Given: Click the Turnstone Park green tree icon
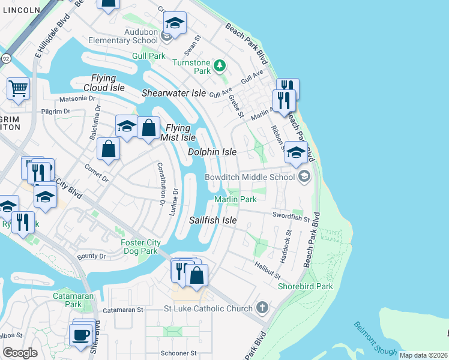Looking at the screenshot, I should [220, 65].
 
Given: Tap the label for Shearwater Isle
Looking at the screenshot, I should [173, 93].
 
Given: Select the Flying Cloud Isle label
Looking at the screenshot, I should [108, 83].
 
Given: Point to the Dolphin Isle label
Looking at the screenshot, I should [212, 152].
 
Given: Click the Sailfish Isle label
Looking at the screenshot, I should [213, 220].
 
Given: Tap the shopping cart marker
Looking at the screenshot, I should [19, 89].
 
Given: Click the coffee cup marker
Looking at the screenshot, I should [80, 334].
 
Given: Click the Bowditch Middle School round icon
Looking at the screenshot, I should [304, 176].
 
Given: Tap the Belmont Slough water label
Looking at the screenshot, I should [366, 338].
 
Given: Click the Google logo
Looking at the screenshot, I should [20, 352].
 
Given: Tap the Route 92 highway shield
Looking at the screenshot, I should [5, 58].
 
